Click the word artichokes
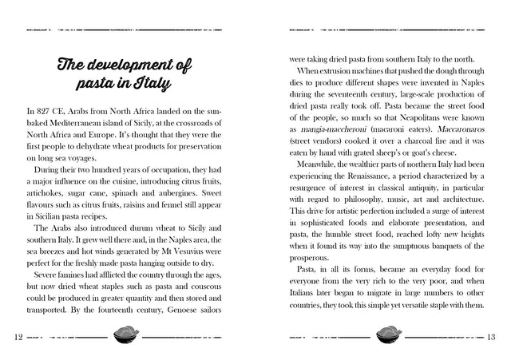click(45, 194)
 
